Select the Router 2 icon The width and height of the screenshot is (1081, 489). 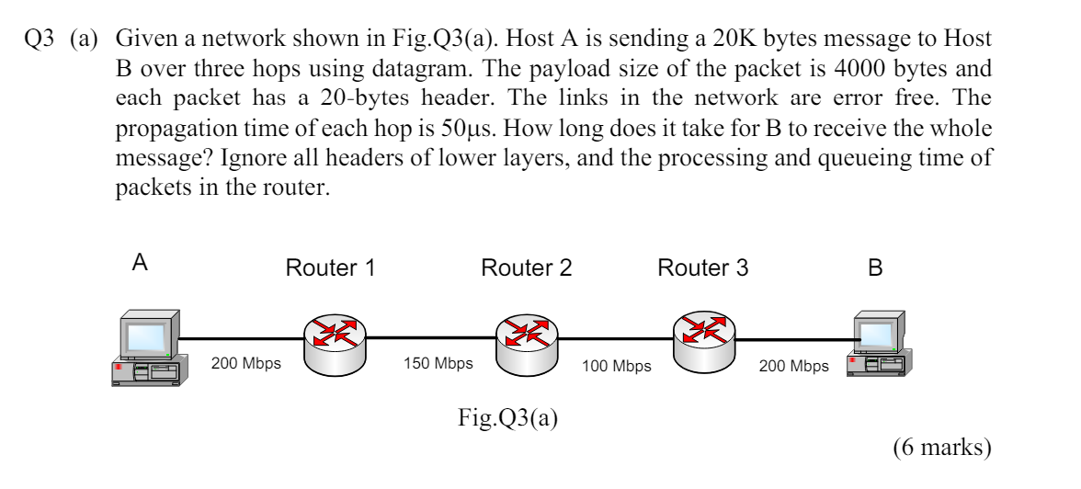click(525, 342)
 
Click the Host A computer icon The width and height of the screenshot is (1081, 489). click(147, 348)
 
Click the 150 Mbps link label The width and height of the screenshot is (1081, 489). click(438, 363)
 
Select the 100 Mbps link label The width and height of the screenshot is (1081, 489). click(617, 367)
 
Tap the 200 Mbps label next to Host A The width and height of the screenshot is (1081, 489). click(246, 363)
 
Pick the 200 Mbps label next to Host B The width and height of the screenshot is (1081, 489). click(793, 367)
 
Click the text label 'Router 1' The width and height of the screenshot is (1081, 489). click(330, 268)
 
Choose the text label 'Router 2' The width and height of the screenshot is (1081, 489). click(526, 268)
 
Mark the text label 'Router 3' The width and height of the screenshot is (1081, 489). click(702, 268)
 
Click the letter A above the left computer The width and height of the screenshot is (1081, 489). click(140, 263)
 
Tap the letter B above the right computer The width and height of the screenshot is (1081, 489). click(875, 268)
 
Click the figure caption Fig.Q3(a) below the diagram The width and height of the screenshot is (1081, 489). click(507, 418)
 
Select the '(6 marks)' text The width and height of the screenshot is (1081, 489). click(941, 448)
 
